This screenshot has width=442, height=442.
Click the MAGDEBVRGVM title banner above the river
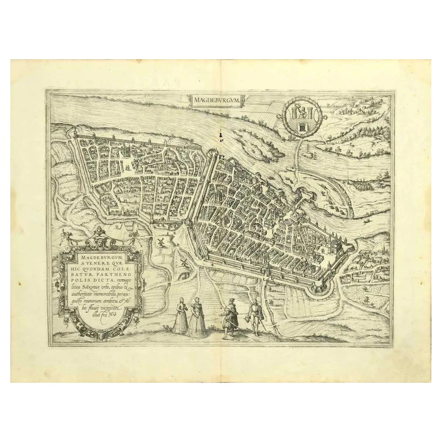pos(215,99)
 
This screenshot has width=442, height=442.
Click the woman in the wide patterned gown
pos(196,318)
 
